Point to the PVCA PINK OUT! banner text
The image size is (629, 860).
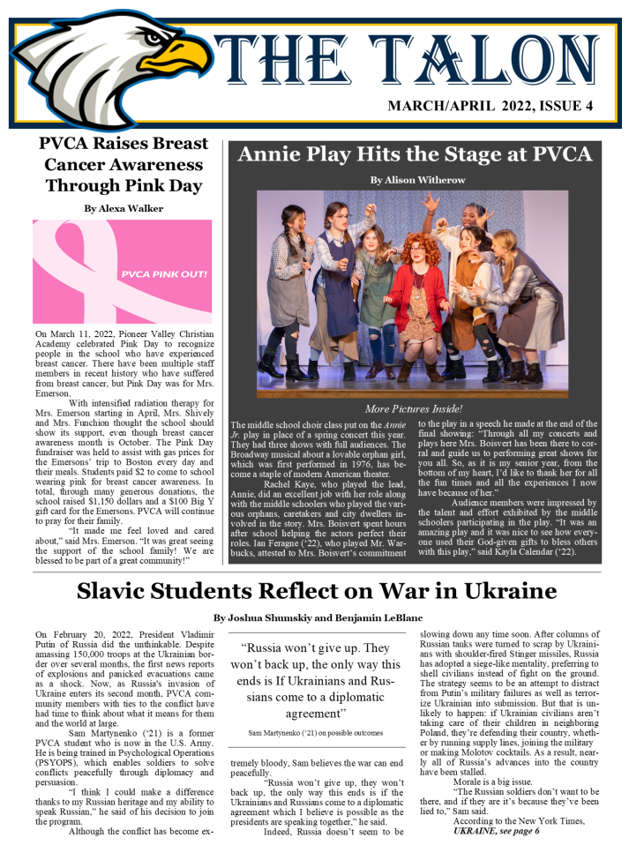164,273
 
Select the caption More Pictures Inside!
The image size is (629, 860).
413,409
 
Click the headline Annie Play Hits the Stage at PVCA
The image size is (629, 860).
415,154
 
